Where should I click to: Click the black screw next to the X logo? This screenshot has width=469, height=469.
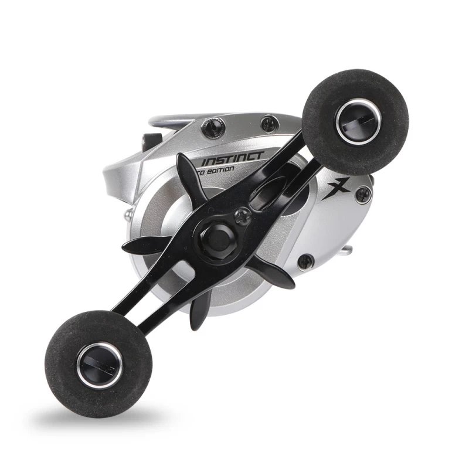[x=363, y=194]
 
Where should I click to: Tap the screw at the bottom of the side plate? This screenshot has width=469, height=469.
[x=305, y=261]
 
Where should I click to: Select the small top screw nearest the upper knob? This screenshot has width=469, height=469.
[x=269, y=123]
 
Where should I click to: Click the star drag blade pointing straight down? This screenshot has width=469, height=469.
[x=198, y=307]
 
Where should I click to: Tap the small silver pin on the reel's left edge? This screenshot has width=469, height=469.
[x=127, y=216]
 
